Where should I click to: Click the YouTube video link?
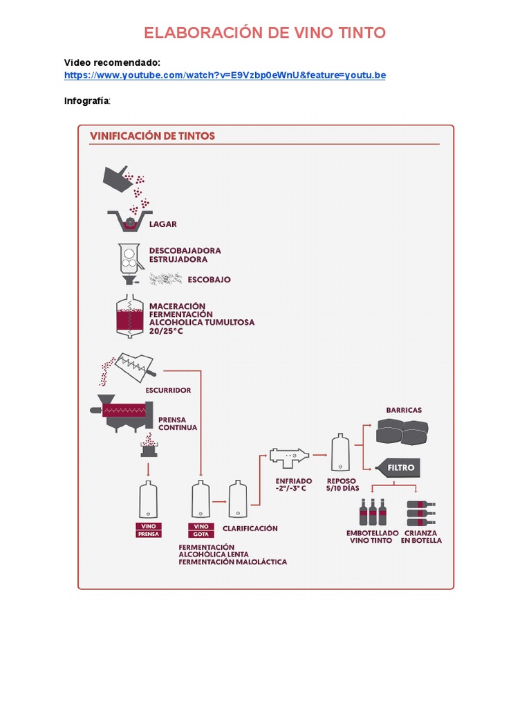coord(225,75)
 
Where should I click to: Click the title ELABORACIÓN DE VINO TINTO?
coord(265,33)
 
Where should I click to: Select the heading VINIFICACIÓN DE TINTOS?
coord(152,136)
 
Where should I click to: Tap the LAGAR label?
coord(163,224)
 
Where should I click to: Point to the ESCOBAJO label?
coord(209,280)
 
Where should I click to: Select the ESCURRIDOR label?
coord(168,390)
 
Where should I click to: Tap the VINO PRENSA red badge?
coord(148,530)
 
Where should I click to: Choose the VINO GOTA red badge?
coord(201,530)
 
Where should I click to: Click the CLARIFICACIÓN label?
coord(250,528)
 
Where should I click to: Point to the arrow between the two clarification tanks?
coord(219,500)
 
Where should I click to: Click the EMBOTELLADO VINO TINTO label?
coord(373,537)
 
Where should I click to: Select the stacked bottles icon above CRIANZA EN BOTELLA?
coord(420,512)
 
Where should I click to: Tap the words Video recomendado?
coord(112,62)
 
